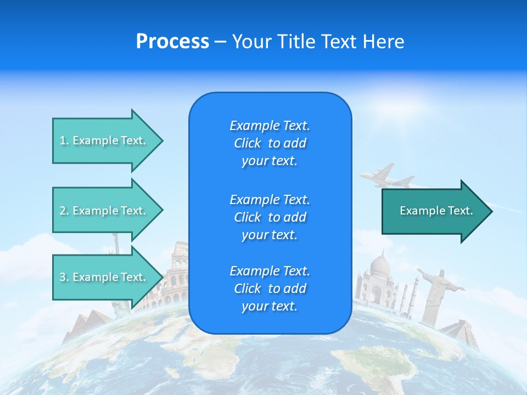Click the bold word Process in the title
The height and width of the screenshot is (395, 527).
[172, 42]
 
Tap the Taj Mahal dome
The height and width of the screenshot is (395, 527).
[380, 266]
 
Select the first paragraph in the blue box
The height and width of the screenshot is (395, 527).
[270, 143]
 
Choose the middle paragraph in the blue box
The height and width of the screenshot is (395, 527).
[270, 217]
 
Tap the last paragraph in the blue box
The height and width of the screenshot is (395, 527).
[270, 289]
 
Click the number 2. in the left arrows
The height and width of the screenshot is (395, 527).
[64, 211]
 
